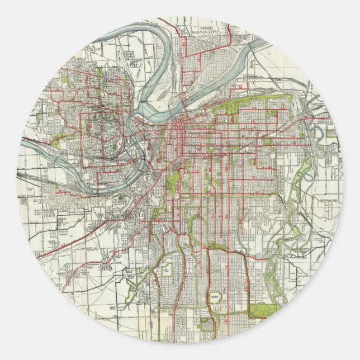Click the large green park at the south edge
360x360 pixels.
coord(260,310)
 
